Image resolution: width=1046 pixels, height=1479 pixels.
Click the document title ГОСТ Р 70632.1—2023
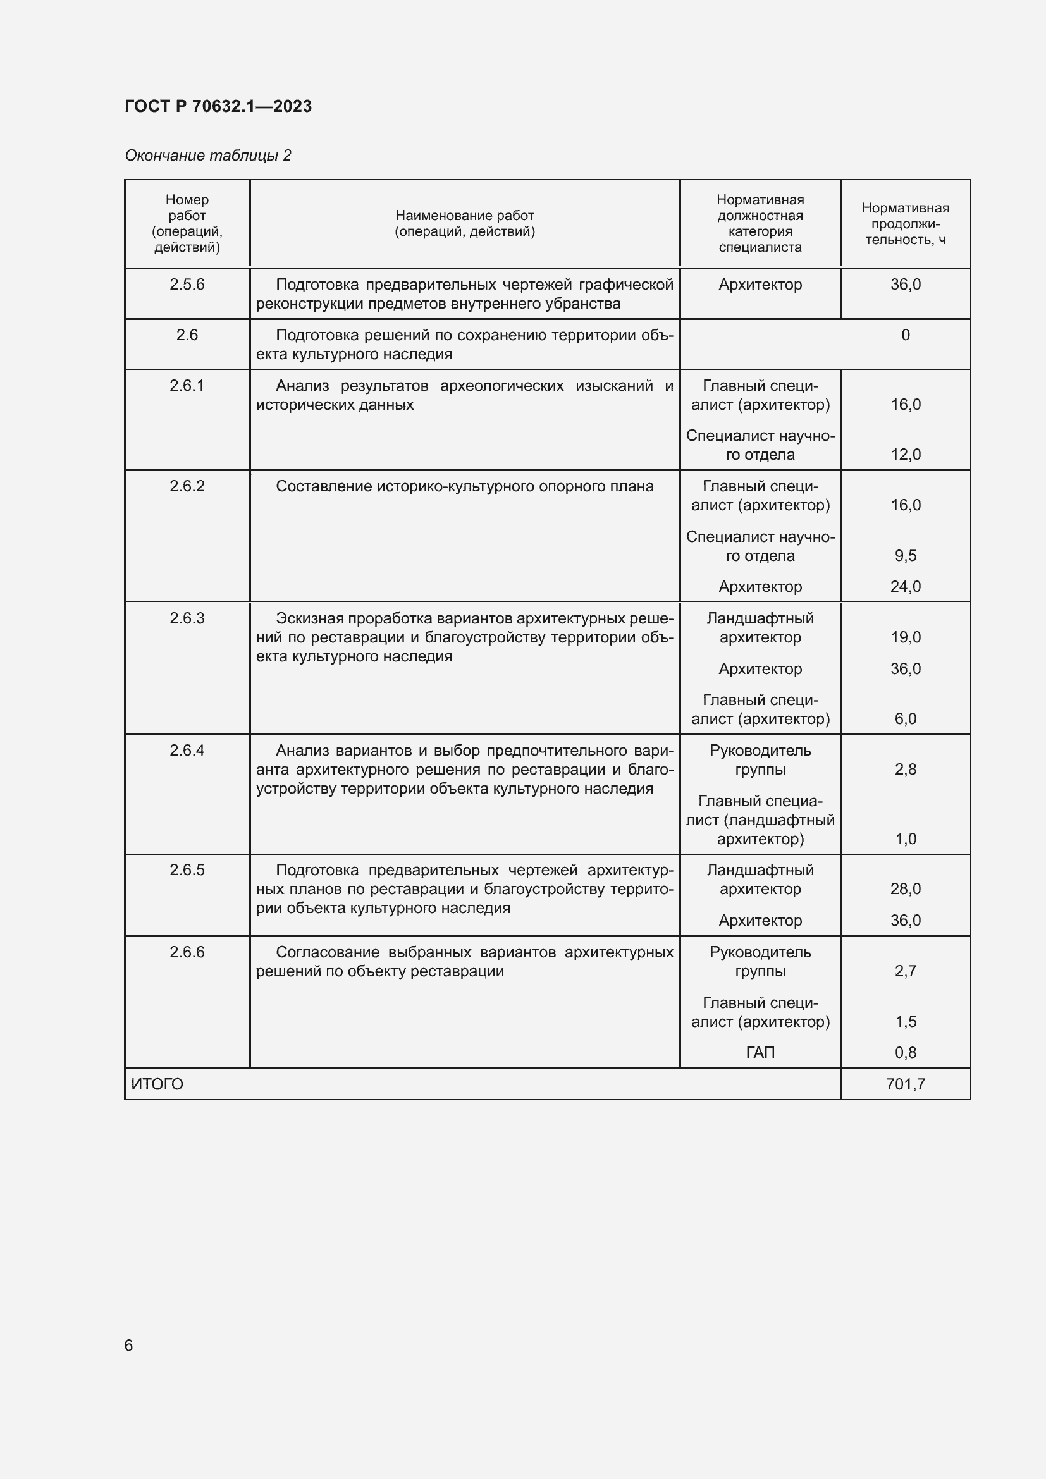pyautogui.click(x=218, y=106)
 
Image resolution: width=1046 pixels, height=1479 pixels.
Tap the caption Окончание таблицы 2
pyautogui.click(x=207, y=156)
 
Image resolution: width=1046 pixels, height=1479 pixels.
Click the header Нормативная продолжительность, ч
pyautogui.click(x=905, y=223)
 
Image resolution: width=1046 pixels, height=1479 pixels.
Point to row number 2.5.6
pyautogui.click(x=187, y=284)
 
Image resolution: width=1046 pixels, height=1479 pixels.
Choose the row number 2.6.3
pyautogui.click(x=187, y=618)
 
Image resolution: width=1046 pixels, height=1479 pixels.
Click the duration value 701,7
pyautogui.click(x=905, y=1084)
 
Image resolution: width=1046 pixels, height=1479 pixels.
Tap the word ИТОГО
pyautogui.click(x=157, y=1084)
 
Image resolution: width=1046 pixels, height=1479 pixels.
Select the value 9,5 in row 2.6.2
pyautogui.click(x=905, y=555)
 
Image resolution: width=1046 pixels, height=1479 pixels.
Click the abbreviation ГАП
pyautogui.click(x=760, y=1052)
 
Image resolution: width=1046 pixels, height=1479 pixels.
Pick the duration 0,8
pyautogui.click(x=905, y=1052)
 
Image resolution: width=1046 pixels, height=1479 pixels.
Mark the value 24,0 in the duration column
pyautogui.click(x=905, y=586)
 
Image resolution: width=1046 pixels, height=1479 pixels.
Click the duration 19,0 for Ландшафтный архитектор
pyautogui.click(x=905, y=637)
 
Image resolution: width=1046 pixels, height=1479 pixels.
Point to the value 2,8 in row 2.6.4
pyautogui.click(x=905, y=769)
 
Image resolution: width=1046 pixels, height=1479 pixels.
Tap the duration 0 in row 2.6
pyautogui.click(x=905, y=335)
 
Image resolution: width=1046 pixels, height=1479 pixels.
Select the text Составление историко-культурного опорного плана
pyautogui.click(x=464, y=486)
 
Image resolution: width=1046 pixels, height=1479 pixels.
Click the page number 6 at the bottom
pyautogui.click(x=129, y=1345)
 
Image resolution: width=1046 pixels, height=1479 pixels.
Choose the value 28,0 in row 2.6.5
pyautogui.click(x=905, y=889)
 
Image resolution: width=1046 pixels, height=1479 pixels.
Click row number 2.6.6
pyautogui.click(x=187, y=952)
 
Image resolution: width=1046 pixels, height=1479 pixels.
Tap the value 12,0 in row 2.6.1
pyautogui.click(x=905, y=454)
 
